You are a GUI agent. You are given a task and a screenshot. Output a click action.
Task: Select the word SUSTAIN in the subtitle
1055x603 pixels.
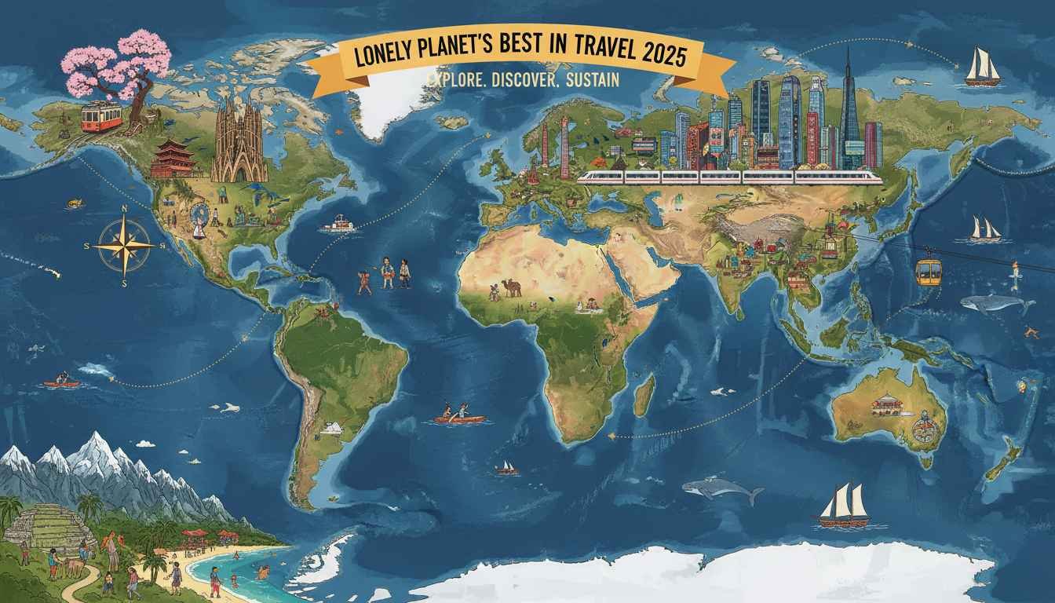(590, 80)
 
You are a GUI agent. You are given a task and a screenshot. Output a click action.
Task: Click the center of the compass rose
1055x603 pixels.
(125, 245)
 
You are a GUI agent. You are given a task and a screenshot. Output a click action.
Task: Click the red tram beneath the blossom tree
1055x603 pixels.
(101, 117)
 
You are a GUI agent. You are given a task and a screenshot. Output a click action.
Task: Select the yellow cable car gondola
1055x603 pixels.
(929, 271)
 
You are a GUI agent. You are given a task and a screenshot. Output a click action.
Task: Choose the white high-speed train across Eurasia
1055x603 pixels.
(730, 177)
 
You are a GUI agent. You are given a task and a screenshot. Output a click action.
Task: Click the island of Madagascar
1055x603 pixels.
(644, 395)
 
